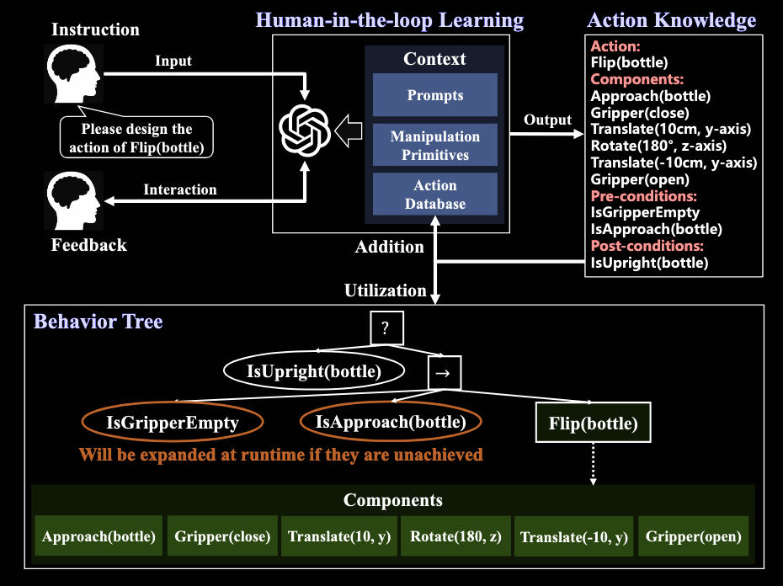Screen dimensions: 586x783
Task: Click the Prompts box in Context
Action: coord(434,95)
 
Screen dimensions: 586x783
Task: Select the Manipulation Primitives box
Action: coord(434,146)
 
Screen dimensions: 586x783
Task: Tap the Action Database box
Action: coord(434,194)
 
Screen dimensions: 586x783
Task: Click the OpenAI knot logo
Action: coord(304,129)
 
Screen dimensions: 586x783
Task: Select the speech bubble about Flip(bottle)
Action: coord(136,138)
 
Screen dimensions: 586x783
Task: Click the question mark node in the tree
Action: coord(385,328)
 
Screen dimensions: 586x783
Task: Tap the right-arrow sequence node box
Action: coord(444,371)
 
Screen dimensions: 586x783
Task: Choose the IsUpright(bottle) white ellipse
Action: coord(314,370)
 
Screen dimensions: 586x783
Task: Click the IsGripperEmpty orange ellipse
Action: coord(172,423)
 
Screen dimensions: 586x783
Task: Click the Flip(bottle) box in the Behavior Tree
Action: coord(593,424)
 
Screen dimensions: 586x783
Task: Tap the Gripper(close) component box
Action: coord(222,536)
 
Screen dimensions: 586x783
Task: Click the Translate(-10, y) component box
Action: coord(574,537)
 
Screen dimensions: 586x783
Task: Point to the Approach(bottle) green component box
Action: coord(99,536)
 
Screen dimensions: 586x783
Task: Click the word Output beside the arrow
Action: coord(547,120)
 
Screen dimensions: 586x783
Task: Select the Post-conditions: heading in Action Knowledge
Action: coord(647,246)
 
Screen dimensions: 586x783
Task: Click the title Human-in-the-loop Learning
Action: coord(390,20)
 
